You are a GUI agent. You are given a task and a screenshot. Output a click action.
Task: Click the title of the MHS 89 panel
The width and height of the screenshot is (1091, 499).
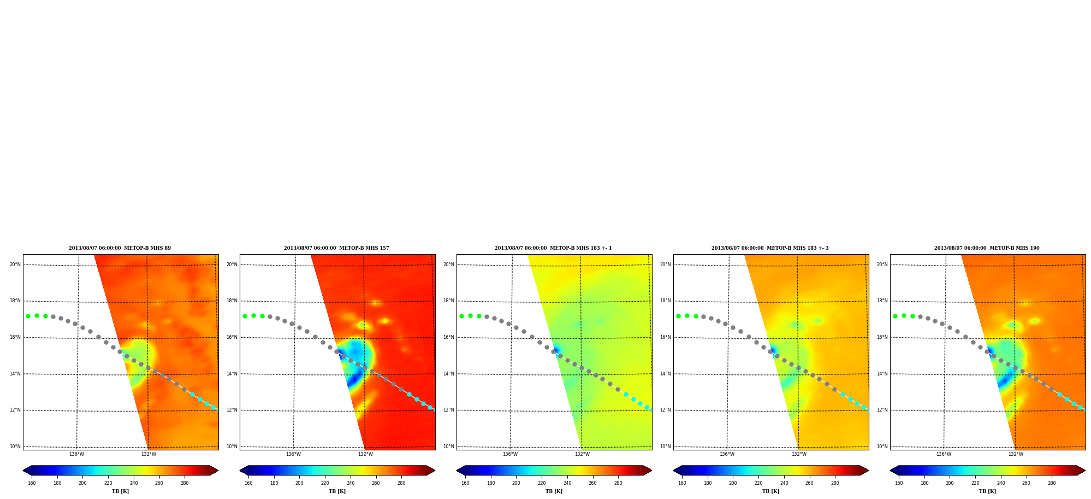(x=120, y=248)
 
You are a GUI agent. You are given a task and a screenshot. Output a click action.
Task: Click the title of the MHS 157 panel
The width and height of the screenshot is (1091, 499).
(x=336, y=248)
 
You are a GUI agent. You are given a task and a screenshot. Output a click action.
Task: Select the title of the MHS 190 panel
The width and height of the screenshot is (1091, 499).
(x=987, y=248)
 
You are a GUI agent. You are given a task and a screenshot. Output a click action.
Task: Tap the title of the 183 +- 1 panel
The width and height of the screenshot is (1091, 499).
(x=553, y=248)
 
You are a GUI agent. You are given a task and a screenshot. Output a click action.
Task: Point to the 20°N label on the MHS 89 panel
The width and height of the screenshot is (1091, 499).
(x=15, y=265)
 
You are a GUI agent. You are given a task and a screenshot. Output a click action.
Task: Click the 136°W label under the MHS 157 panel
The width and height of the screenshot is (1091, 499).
(x=293, y=454)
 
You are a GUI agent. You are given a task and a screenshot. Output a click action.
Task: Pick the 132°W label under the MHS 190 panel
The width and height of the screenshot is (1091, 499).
(x=1016, y=454)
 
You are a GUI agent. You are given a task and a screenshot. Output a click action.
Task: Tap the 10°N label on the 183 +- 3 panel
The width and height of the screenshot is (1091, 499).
(x=665, y=447)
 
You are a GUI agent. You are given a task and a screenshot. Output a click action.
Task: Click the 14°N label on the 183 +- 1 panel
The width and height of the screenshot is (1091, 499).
(x=448, y=374)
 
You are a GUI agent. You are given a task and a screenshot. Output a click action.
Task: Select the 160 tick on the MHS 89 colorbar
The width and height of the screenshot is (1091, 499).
(x=32, y=483)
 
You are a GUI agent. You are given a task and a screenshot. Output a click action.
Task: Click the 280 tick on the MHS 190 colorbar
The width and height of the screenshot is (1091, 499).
(x=1052, y=483)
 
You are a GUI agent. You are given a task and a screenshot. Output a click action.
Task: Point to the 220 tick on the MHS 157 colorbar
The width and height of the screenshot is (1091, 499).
(x=325, y=483)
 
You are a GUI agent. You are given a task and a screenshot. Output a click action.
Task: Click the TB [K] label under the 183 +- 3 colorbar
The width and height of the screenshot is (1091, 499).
(x=770, y=491)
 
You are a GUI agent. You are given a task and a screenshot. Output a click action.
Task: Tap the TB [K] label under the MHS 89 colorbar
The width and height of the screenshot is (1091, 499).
(x=120, y=491)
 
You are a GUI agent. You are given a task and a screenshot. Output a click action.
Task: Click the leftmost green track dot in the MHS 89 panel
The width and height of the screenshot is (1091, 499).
(x=28, y=316)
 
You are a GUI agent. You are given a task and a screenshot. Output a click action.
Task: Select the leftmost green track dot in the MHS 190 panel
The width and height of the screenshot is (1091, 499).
(x=895, y=316)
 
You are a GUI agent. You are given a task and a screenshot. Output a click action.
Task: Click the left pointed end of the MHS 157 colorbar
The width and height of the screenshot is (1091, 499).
(x=240, y=471)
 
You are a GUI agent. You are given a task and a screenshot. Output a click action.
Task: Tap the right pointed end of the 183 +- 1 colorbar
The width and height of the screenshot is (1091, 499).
(x=651, y=471)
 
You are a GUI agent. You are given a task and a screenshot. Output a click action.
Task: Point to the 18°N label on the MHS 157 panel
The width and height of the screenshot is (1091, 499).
(x=232, y=301)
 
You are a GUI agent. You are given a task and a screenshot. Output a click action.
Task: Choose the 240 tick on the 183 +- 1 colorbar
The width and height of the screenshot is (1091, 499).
(x=567, y=483)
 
